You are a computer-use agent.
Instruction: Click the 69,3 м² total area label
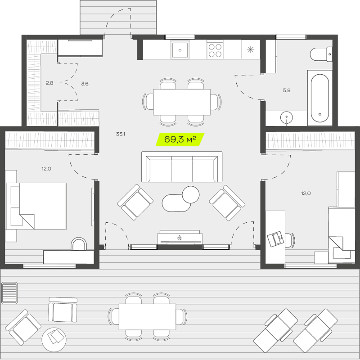180,139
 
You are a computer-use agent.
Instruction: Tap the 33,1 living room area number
121,134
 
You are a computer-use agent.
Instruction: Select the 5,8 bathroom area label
287,90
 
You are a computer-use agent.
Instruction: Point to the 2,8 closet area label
49,83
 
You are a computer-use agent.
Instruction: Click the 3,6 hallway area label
85,84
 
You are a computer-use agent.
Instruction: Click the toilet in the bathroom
321,54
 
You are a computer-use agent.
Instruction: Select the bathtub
320,98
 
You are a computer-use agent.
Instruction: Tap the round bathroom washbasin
287,117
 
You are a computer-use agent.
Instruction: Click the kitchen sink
180,50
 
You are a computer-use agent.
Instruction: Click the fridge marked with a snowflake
251,49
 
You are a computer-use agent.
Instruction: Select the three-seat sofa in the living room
182,166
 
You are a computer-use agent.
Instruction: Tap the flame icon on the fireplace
180,238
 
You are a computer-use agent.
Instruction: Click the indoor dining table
182,102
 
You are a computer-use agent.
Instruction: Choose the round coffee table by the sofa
190,194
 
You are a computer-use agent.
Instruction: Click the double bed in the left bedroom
36,206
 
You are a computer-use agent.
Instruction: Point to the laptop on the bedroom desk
275,239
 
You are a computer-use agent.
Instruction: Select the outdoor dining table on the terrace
148,317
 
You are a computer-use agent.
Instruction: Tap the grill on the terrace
9,293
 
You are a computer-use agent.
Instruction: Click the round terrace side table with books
54,340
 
